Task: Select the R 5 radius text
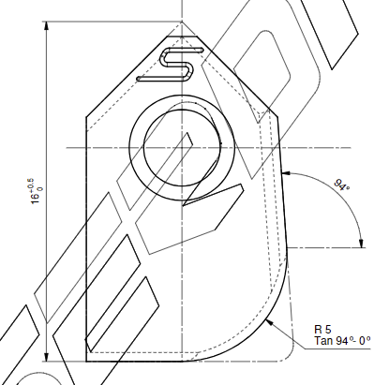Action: point(322,330)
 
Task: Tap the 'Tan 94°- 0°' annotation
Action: point(342,342)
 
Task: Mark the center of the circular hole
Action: point(178,148)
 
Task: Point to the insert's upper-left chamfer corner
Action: point(86,116)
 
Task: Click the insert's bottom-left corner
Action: point(86,359)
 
